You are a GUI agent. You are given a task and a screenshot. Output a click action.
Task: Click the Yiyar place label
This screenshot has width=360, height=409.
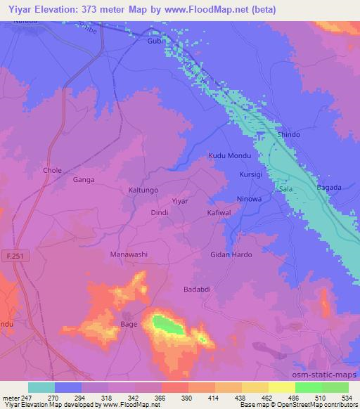(181, 201)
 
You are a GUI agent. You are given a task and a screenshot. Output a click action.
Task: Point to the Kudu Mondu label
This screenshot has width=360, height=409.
(230, 155)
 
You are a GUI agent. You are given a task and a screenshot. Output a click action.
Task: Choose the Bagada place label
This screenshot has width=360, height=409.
(328, 188)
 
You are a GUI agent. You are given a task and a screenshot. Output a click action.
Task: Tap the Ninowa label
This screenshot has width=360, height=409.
(249, 198)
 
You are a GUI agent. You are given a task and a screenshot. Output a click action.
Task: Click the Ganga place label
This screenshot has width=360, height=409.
(84, 180)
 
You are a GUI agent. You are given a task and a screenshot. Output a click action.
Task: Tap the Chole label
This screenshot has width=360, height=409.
(53, 171)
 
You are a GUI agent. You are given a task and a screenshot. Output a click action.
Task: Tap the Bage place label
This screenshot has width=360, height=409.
(129, 324)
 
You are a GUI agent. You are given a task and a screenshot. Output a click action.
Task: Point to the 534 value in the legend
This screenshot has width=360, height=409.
(346, 397)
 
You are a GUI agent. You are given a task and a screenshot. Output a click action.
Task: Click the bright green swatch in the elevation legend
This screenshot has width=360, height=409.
(309, 387)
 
